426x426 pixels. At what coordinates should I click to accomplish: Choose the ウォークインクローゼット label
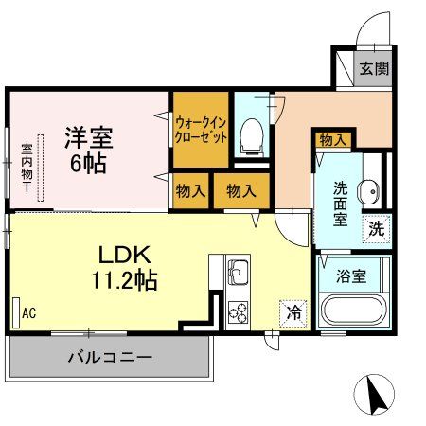[200, 128]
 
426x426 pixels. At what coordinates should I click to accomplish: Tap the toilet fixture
[252, 138]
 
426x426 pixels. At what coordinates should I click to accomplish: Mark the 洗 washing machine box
[377, 227]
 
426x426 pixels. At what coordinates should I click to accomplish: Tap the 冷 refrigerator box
[293, 309]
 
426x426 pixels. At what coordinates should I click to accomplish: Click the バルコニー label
[109, 359]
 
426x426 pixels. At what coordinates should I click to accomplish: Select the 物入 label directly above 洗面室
[332, 140]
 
